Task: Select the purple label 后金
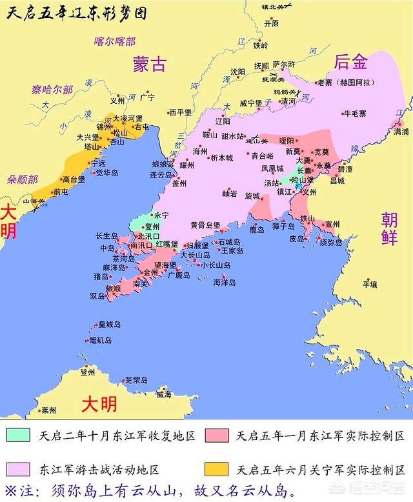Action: pyautogui.click(x=351, y=62)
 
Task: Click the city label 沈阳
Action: pyautogui.click(x=237, y=72)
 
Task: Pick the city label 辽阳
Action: pyautogui.click(x=222, y=121)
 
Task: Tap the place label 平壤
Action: pyautogui.click(x=369, y=283)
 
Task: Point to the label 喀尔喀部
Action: pyautogui.click(x=114, y=41)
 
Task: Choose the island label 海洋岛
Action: pyautogui.click(x=224, y=282)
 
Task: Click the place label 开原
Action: pyautogui.click(x=271, y=23)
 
